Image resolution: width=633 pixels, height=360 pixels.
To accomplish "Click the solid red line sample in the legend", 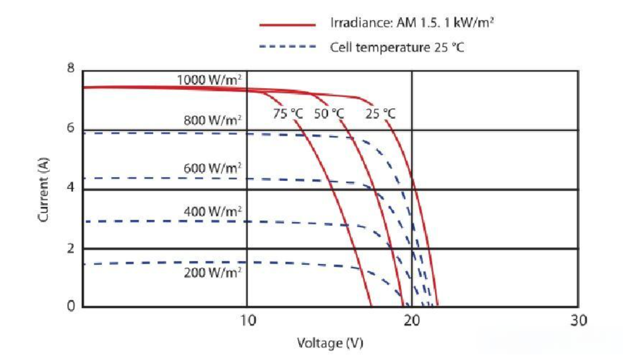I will click(x=287, y=24).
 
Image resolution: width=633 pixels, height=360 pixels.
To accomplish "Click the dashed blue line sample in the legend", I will click(x=287, y=47).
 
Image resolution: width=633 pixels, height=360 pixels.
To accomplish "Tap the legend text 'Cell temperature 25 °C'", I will click(x=397, y=47).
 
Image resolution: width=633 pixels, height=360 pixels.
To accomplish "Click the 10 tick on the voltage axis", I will click(x=246, y=320).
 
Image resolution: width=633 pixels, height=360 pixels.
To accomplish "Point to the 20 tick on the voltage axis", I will click(x=411, y=320).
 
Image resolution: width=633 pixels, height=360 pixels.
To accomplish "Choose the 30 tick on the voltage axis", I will click(x=578, y=320).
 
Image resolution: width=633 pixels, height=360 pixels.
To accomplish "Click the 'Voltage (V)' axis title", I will click(x=330, y=343).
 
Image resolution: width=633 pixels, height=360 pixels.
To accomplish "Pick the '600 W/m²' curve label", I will click(x=212, y=168).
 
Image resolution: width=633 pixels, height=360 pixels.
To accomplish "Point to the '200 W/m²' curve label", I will click(x=212, y=273).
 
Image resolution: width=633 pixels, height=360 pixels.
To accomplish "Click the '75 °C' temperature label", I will click(x=288, y=114).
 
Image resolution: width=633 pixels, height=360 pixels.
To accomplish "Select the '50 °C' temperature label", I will click(x=329, y=114).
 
